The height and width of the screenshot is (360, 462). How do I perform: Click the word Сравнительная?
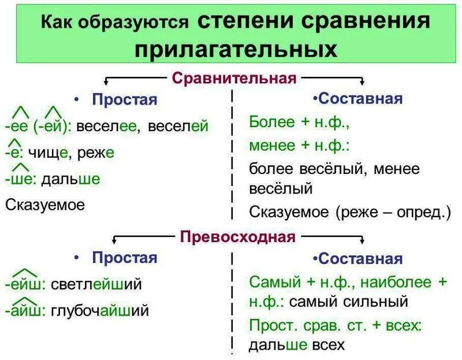(234, 77)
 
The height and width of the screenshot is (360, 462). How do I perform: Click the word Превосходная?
(237, 236)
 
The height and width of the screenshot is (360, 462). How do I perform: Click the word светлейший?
(96, 284)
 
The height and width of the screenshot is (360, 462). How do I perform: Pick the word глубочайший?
(100, 310)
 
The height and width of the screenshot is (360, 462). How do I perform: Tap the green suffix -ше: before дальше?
(20, 179)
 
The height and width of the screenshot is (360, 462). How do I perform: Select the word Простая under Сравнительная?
(124, 99)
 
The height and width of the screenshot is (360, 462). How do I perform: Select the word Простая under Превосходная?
(124, 257)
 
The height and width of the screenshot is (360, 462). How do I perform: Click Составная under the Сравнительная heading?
(359, 98)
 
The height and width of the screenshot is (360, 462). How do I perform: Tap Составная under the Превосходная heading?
(359, 258)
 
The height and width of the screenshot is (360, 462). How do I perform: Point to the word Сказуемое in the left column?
(45, 205)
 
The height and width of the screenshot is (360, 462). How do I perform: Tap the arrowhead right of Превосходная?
(362, 242)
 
